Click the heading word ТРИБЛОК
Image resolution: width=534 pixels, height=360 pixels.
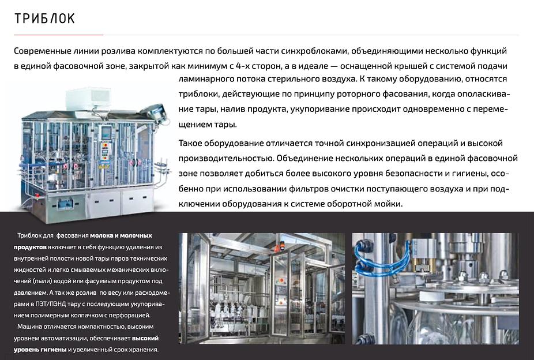tap(44, 19)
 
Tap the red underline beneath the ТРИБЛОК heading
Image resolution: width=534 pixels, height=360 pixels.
tap(58, 35)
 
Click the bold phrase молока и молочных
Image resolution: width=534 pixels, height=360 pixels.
tap(121, 235)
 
